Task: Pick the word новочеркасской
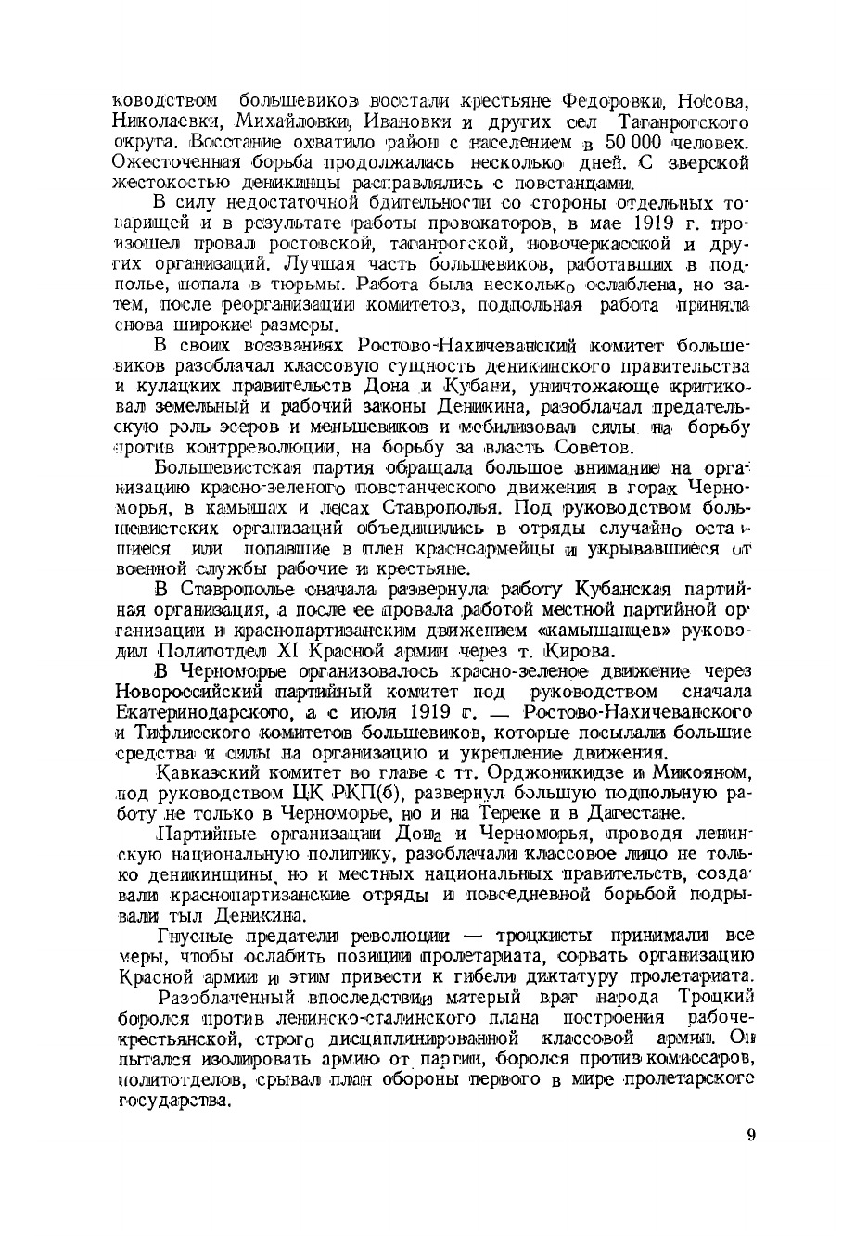[604, 245]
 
